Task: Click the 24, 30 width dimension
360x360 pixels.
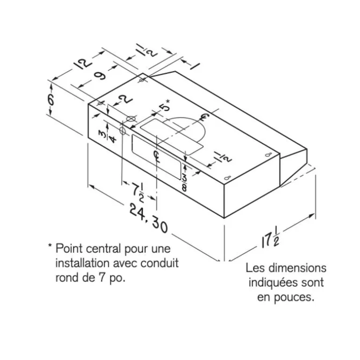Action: tap(149, 218)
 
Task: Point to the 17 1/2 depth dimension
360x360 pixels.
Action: tap(270, 240)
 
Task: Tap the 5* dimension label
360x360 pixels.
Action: tap(165, 106)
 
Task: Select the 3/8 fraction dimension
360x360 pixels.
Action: tap(184, 182)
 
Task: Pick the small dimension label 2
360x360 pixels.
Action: tap(127, 101)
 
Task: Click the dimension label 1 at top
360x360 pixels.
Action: tap(194, 66)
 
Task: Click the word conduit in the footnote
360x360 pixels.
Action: tap(159, 263)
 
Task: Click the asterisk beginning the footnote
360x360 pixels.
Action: tap(50, 245)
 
